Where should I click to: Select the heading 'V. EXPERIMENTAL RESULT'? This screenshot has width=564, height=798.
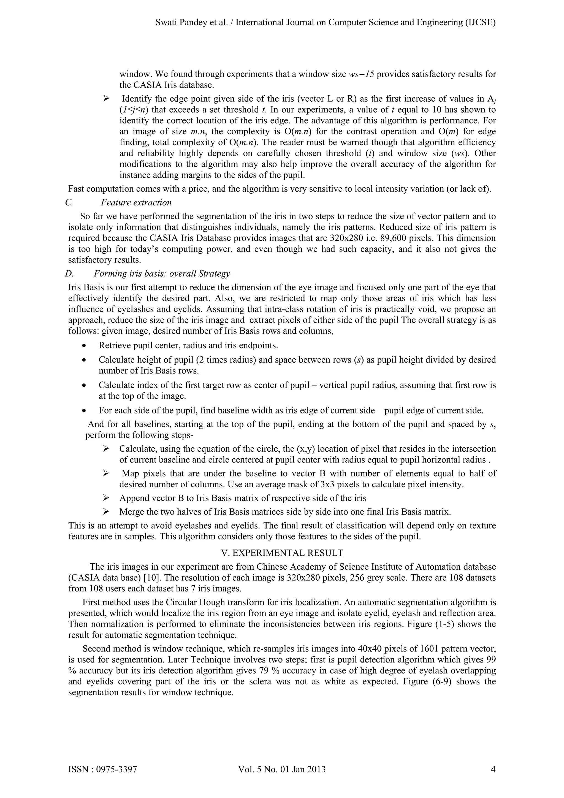282,553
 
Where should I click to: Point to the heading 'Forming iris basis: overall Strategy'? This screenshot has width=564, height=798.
162,274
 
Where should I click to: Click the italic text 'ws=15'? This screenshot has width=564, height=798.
361,74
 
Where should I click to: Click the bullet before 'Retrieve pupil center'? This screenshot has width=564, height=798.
84,346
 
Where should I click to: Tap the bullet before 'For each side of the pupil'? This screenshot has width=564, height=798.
84,411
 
